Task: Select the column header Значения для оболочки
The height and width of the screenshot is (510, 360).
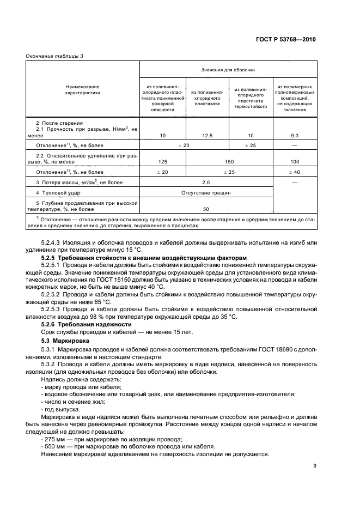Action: tap(228, 70)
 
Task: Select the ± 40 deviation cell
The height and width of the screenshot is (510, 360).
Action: tap(295, 172)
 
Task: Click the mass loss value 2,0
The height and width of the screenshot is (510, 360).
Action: tap(206, 181)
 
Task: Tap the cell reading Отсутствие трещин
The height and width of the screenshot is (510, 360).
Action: tap(206, 192)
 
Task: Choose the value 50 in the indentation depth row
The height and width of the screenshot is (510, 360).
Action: tap(206, 209)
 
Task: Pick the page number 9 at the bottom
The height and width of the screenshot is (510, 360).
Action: tap(315, 465)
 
